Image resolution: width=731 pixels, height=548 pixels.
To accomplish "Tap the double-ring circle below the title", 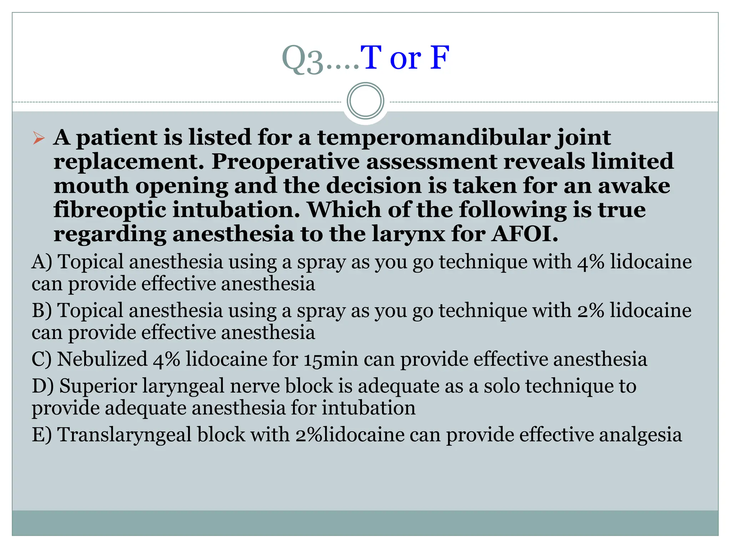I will [365, 101].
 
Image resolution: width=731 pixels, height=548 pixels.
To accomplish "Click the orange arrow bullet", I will [39, 138].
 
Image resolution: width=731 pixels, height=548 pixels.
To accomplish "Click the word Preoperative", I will [286, 162].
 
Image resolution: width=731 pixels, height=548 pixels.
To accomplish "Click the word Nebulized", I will [102, 359].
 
